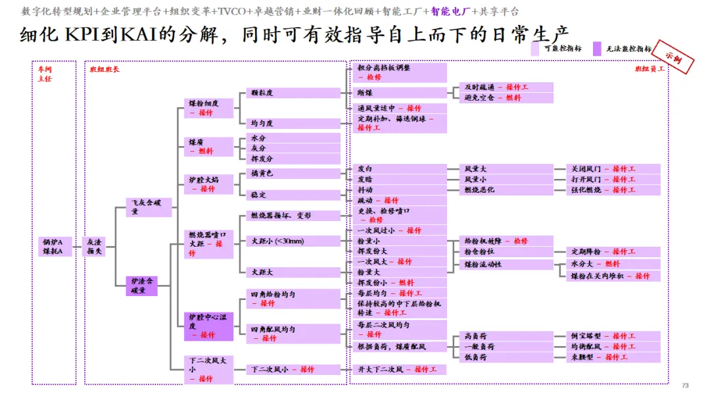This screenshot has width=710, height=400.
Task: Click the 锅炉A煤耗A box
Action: pyautogui.click(x=53, y=247)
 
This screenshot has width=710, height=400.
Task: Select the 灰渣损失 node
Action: pyautogui.click(x=95, y=247)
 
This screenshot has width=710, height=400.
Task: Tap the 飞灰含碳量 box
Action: pyautogui.click(x=149, y=207)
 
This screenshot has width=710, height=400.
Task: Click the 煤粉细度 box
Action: pyautogui.click(x=208, y=108)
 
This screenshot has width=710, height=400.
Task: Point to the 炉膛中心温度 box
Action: pyautogui.click(x=208, y=326)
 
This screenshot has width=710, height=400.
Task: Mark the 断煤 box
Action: pyautogui.click(x=400, y=93)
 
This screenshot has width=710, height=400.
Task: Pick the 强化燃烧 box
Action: pyautogui.click(x=614, y=190)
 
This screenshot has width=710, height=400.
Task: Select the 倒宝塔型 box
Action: pyautogui.click(x=614, y=336)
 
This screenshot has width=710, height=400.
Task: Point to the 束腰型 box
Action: pyautogui.click(x=614, y=357)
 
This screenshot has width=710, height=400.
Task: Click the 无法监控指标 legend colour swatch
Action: pyautogui.click(x=597, y=49)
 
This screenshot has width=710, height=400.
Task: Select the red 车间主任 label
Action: pyautogui.click(x=44, y=73)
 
